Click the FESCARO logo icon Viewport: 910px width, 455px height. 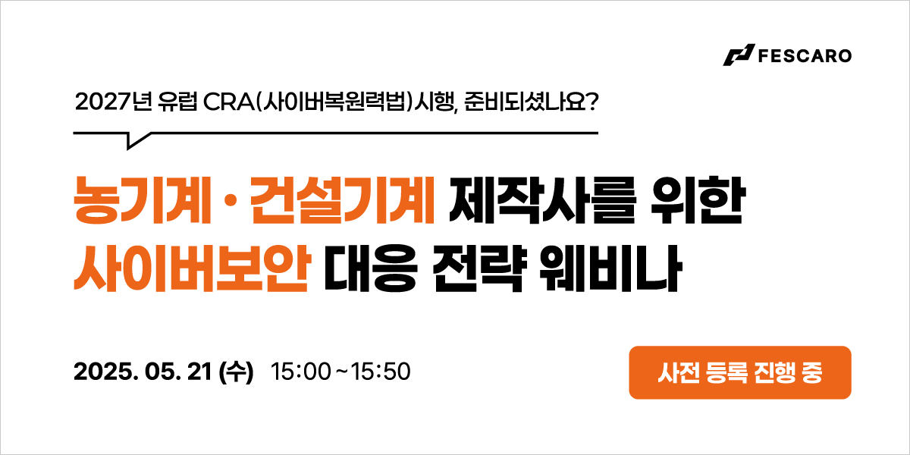tap(739, 55)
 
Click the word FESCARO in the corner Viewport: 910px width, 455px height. tap(805, 56)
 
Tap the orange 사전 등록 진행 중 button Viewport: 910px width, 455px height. tap(740, 372)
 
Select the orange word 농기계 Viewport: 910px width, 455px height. tap(142, 200)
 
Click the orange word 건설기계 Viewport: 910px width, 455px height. tap(342, 200)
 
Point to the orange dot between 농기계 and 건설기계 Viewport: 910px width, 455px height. tap(230, 201)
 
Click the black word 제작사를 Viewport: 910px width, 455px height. tap(542, 200)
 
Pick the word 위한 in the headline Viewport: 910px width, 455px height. tap(697, 200)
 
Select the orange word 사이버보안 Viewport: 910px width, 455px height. tap(192, 268)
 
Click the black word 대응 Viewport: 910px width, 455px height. tap(371, 268)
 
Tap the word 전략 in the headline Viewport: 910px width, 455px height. tap(479, 268)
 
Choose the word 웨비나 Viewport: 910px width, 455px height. tap(610, 268)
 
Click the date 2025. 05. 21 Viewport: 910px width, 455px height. tap(143, 372)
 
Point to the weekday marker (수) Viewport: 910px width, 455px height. tap(236, 372)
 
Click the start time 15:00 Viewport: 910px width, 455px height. tap(300, 372)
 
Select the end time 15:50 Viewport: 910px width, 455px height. tap(380, 372)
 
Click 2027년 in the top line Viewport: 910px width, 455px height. tap(113, 102)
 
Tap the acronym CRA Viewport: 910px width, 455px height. tap(229, 102)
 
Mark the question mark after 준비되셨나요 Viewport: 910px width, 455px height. tap(593, 102)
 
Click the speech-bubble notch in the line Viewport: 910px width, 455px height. tap(135, 140)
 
